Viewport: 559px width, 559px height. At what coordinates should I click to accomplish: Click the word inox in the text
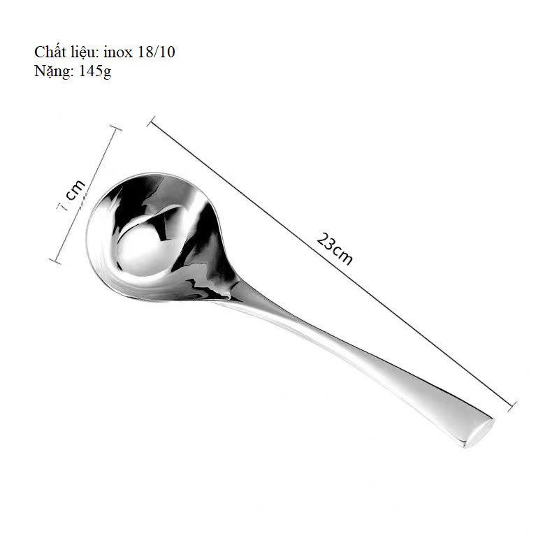[x=117, y=52]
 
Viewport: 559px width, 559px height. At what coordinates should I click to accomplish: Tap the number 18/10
[x=156, y=52]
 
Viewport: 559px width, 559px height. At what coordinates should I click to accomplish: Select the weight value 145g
[x=95, y=71]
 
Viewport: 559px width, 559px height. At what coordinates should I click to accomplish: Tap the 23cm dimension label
[x=335, y=249]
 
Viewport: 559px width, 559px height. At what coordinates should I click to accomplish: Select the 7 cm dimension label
[x=72, y=196]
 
